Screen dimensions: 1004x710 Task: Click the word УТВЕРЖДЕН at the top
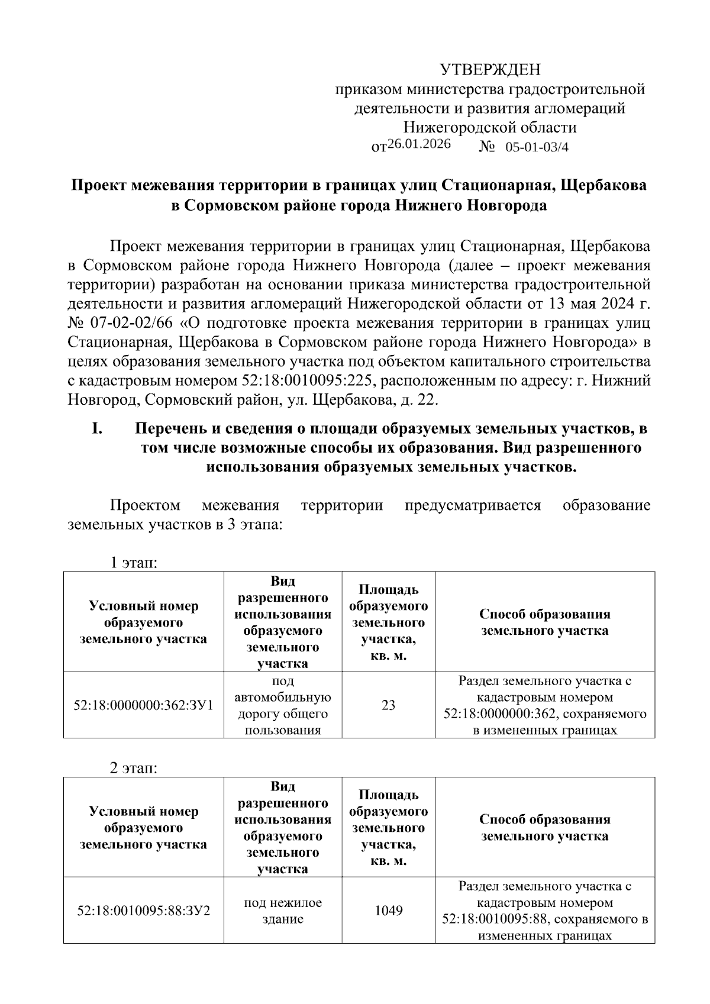490,70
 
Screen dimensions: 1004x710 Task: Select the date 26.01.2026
418,144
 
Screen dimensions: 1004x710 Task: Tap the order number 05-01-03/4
537,147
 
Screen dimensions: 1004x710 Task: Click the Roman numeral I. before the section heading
98,428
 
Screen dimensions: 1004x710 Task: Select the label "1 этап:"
133,562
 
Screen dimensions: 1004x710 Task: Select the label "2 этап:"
133,768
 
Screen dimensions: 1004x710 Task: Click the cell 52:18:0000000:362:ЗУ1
143,705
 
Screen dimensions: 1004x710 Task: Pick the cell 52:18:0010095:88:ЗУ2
143,910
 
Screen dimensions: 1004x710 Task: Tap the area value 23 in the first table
388,705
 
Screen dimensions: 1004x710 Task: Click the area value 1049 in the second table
388,910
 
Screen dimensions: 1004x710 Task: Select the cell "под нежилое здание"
283,911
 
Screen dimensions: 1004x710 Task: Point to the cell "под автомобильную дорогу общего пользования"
283,705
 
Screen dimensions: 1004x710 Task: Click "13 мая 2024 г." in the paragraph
592,304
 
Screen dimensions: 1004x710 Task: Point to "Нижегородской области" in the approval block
489,127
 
